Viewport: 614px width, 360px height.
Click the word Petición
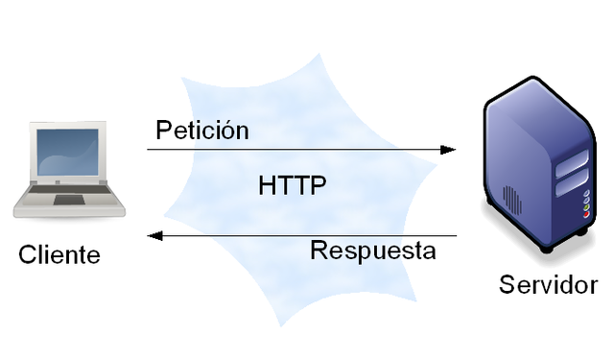(202, 130)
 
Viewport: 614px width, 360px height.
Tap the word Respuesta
(373, 252)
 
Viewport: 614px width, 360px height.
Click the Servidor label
(548, 285)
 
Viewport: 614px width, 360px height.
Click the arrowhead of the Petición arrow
(449, 150)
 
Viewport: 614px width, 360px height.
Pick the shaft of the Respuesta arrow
(307, 235)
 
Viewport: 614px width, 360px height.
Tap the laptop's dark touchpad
(69, 201)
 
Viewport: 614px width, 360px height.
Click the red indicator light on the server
(586, 214)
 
